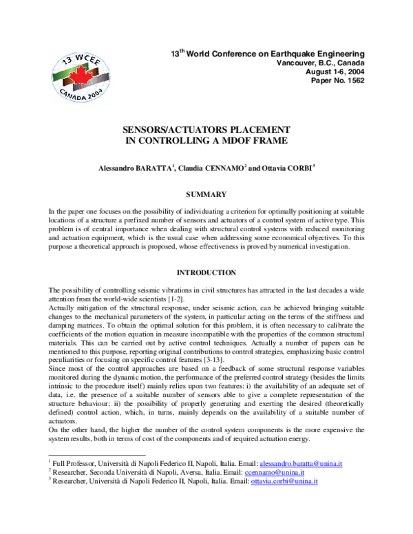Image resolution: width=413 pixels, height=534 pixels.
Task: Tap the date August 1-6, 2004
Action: tap(333, 72)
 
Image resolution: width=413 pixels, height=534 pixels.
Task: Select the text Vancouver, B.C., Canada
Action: tap(321, 63)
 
